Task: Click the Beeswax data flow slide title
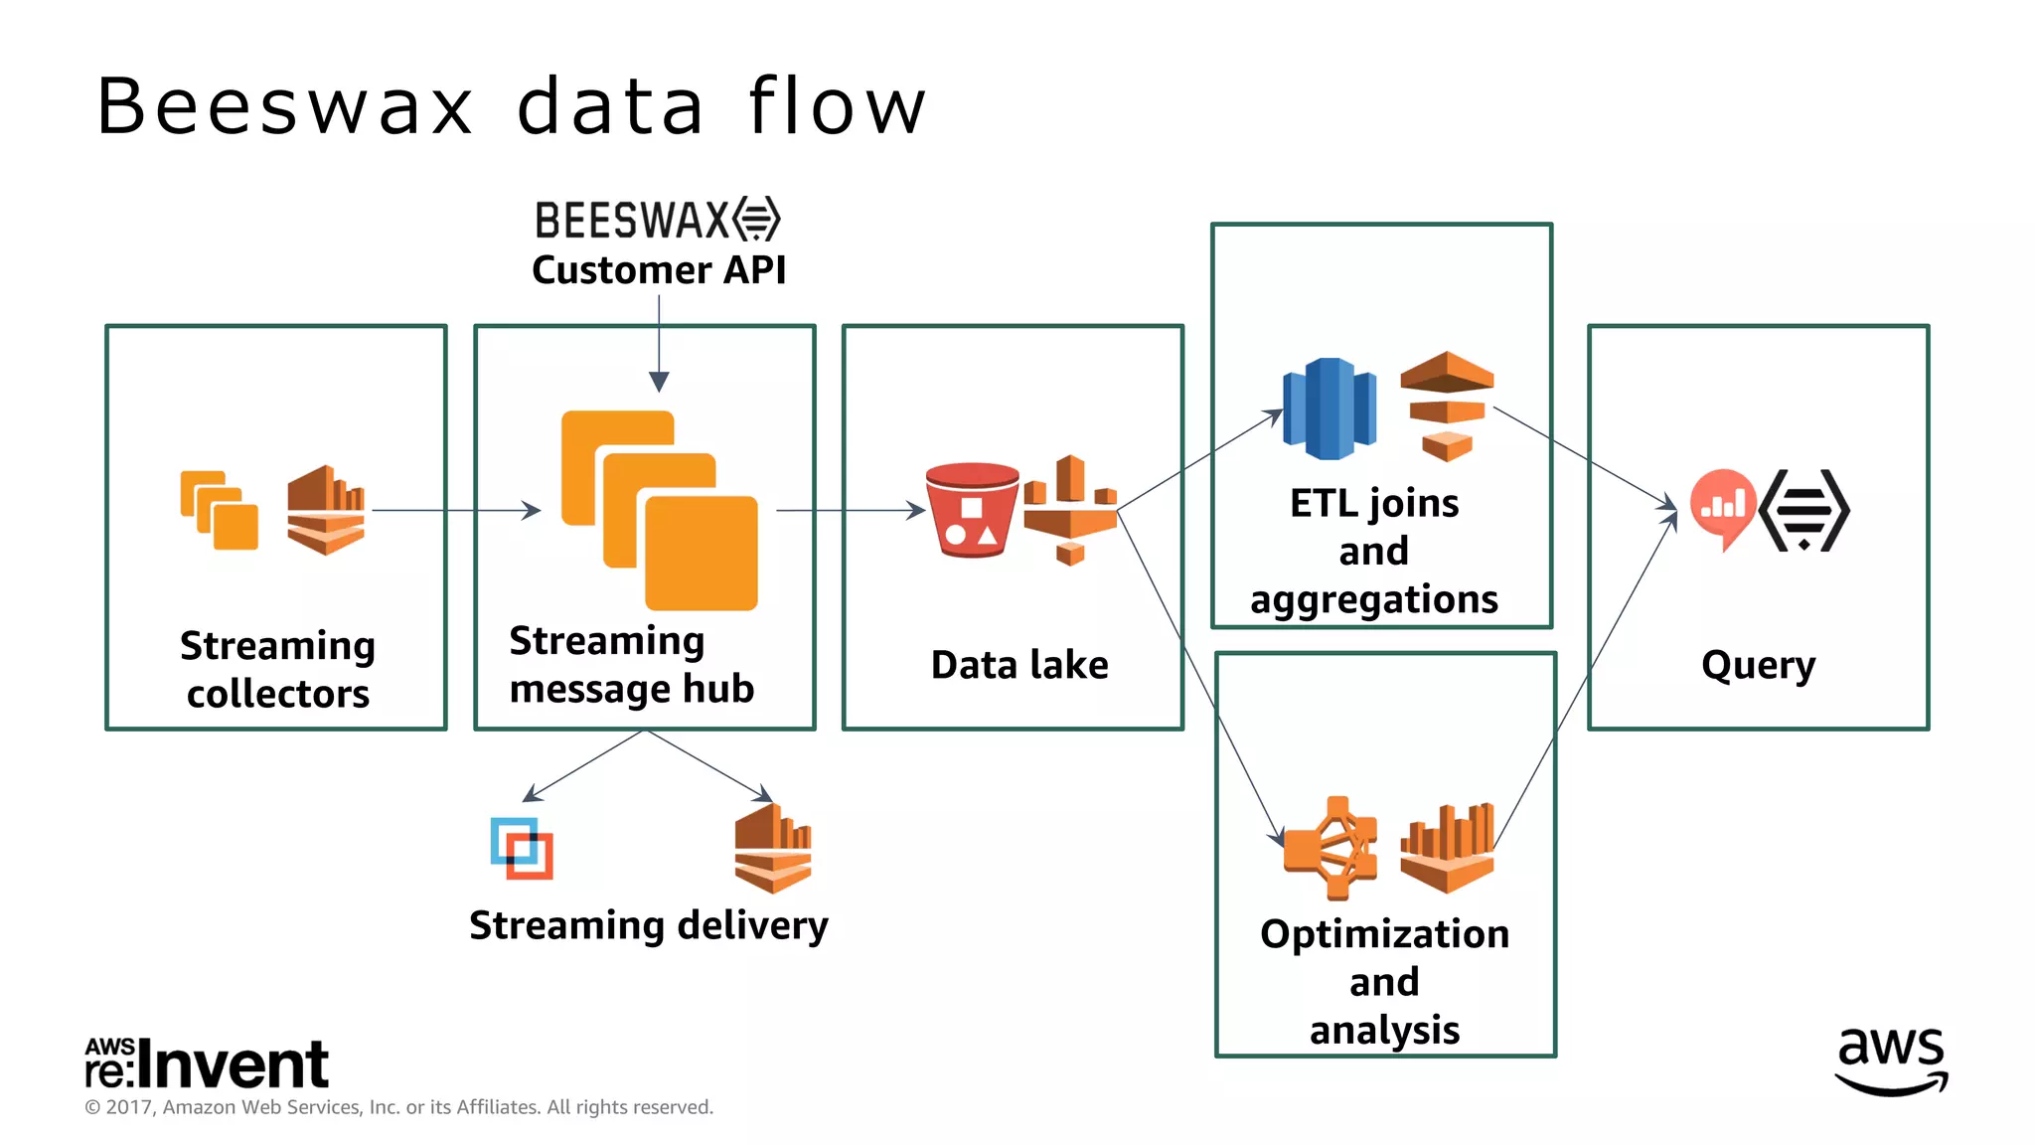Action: coord(512,106)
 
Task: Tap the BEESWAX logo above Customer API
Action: coord(658,220)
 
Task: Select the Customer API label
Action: coord(659,270)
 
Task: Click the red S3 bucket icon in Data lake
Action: coord(971,510)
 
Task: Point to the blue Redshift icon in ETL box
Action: coord(1329,409)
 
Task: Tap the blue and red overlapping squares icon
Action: coord(522,848)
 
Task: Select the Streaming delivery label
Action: coord(648,925)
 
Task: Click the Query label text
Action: coord(1758,665)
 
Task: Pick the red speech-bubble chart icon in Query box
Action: coord(1722,508)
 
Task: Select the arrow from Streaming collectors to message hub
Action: coord(455,510)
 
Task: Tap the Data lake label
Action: coord(1019,665)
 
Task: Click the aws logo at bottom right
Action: coord(1891,1062)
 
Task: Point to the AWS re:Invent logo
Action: coord(207,1063)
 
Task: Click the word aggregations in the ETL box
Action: coord(1373,600)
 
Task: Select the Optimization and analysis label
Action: coord(1384,981)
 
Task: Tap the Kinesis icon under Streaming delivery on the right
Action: coord(773,848)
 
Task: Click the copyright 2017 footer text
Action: coord(398,1107)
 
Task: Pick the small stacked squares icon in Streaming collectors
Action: coord(219,510)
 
